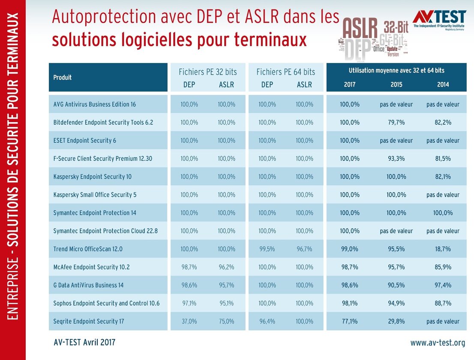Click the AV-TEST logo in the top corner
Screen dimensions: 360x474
439,19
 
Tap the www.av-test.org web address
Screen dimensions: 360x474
437,342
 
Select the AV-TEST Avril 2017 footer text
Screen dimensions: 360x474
84,342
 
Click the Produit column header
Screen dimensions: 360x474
63,78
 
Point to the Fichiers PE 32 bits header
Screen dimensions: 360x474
207,72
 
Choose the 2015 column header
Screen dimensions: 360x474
396,84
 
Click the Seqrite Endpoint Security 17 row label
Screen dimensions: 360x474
89,321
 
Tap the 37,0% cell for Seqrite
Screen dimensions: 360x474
189,321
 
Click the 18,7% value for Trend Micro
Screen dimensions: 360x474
443,249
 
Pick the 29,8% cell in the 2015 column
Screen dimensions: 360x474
396,321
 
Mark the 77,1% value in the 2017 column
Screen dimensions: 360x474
350,321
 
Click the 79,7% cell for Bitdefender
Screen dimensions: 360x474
396,122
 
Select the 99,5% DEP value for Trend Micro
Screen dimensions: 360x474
267,249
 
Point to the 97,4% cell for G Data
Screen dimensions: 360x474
443,285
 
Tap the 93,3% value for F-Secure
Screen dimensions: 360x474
396,159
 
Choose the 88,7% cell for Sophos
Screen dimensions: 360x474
443,303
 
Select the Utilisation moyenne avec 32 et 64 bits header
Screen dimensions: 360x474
396,70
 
